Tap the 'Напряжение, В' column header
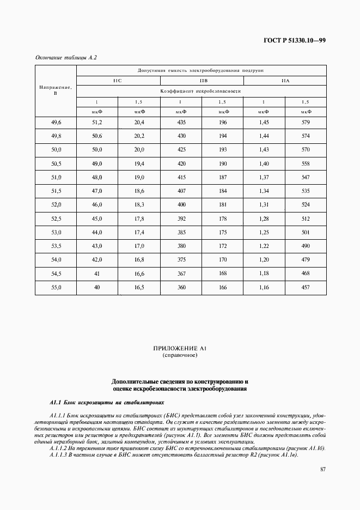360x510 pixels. click(x=56, y=90)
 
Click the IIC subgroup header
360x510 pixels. click(x=118, y=81)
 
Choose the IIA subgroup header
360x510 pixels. click(x=285, y=81)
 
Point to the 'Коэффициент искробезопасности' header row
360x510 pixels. click(x=201, y=92)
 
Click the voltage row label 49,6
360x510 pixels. click(x=56, y=122)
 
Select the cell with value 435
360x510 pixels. click(x=181, y=122)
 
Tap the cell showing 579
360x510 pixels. click(x=306, y=122)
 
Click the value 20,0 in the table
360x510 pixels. click(x=139, y=149)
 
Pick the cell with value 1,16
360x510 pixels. click(x=264, y=287)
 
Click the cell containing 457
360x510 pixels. click(x=306, y=287)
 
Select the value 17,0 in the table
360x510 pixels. click(x=139, y=246)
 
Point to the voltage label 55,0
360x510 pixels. click(x=56, y=287)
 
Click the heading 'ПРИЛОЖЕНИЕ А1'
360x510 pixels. click(x=180, y=348)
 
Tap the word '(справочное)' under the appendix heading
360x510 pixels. click(x=180, y=355)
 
